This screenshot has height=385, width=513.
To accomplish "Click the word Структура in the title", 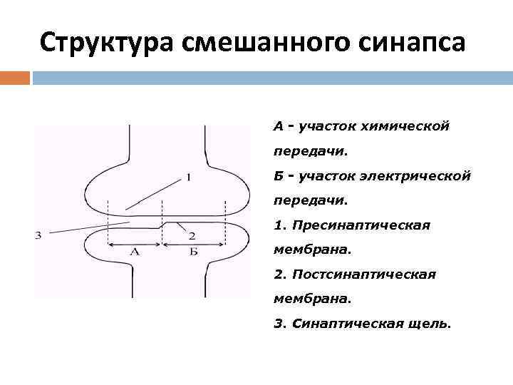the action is (x=107, y=43).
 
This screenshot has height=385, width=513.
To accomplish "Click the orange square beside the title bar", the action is (x=15, y=77).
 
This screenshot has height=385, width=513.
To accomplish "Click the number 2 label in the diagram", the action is (x=192, y=235).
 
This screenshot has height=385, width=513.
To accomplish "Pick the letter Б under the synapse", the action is (x=193, y=252).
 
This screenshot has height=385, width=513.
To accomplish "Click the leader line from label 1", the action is (x=153, y=193).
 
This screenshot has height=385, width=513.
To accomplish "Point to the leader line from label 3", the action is (x=85, y=228).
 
